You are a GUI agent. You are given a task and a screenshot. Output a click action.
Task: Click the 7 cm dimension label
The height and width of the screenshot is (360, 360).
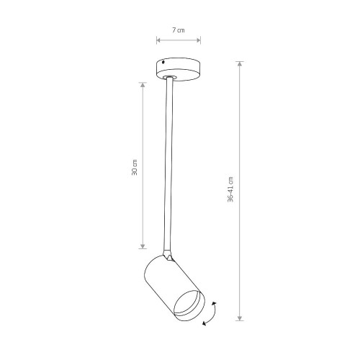pos(179,30)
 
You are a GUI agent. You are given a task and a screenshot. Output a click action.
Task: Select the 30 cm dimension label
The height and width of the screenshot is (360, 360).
pos(135,167)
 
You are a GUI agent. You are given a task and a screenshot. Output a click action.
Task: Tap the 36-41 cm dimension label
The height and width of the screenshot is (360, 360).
pos(230,189)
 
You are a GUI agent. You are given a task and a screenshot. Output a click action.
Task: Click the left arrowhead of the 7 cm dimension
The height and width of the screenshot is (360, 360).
pos(158,40)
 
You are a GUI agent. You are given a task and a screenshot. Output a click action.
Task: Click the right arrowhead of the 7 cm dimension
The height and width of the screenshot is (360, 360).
pos(199,40)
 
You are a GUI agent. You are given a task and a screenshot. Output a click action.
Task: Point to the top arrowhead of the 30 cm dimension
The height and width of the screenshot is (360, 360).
pos(143,85)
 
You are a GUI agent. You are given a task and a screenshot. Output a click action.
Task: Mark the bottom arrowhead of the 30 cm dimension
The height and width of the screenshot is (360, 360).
pos(143,246)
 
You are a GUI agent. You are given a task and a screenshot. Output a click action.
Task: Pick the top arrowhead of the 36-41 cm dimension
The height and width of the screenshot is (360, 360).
pos(240,63)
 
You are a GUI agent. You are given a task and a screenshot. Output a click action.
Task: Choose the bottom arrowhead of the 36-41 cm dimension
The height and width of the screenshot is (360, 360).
pos(240,318)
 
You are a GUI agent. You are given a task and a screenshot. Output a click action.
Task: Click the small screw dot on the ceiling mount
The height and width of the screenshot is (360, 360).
pos(163,63)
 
